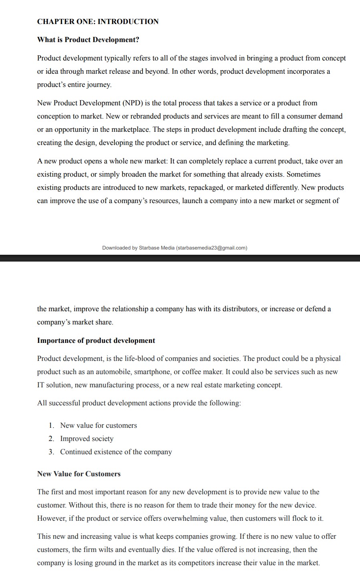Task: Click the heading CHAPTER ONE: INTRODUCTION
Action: point(98,22)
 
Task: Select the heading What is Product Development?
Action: point(88,40)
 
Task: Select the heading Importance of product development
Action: point(96,340)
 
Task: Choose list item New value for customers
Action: point(99,425)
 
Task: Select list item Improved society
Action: point(87,439)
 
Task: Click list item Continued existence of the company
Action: point(116,452)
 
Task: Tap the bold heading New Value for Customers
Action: point(79,474)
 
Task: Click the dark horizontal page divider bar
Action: point(180,258)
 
